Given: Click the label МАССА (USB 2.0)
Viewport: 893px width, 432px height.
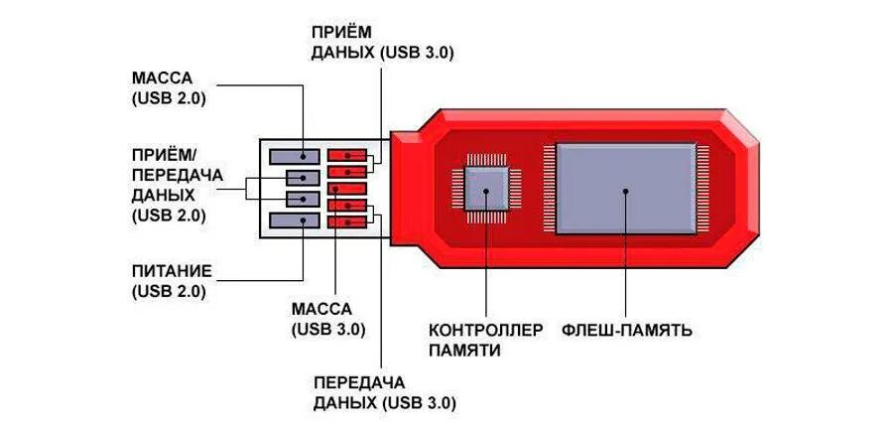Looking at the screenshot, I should point(168,86).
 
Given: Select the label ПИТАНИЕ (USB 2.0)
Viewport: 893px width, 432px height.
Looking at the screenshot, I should point(169,280).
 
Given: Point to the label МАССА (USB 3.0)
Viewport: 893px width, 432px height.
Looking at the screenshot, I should point(328,318).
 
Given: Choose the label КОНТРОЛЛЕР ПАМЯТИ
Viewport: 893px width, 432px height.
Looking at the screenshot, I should point(486,340).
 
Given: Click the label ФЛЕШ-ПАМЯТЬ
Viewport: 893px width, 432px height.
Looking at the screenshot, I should point(626,330).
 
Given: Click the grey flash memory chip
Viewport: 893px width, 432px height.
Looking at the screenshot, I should point(626,189).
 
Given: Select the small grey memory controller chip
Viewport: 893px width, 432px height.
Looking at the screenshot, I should point(487,188).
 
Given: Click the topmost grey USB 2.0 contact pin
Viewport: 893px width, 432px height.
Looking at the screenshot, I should point(295,156).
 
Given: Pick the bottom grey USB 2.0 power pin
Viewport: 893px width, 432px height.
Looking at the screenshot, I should point(295,220).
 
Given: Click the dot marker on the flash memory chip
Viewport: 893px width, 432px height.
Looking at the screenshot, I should point(626,189).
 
